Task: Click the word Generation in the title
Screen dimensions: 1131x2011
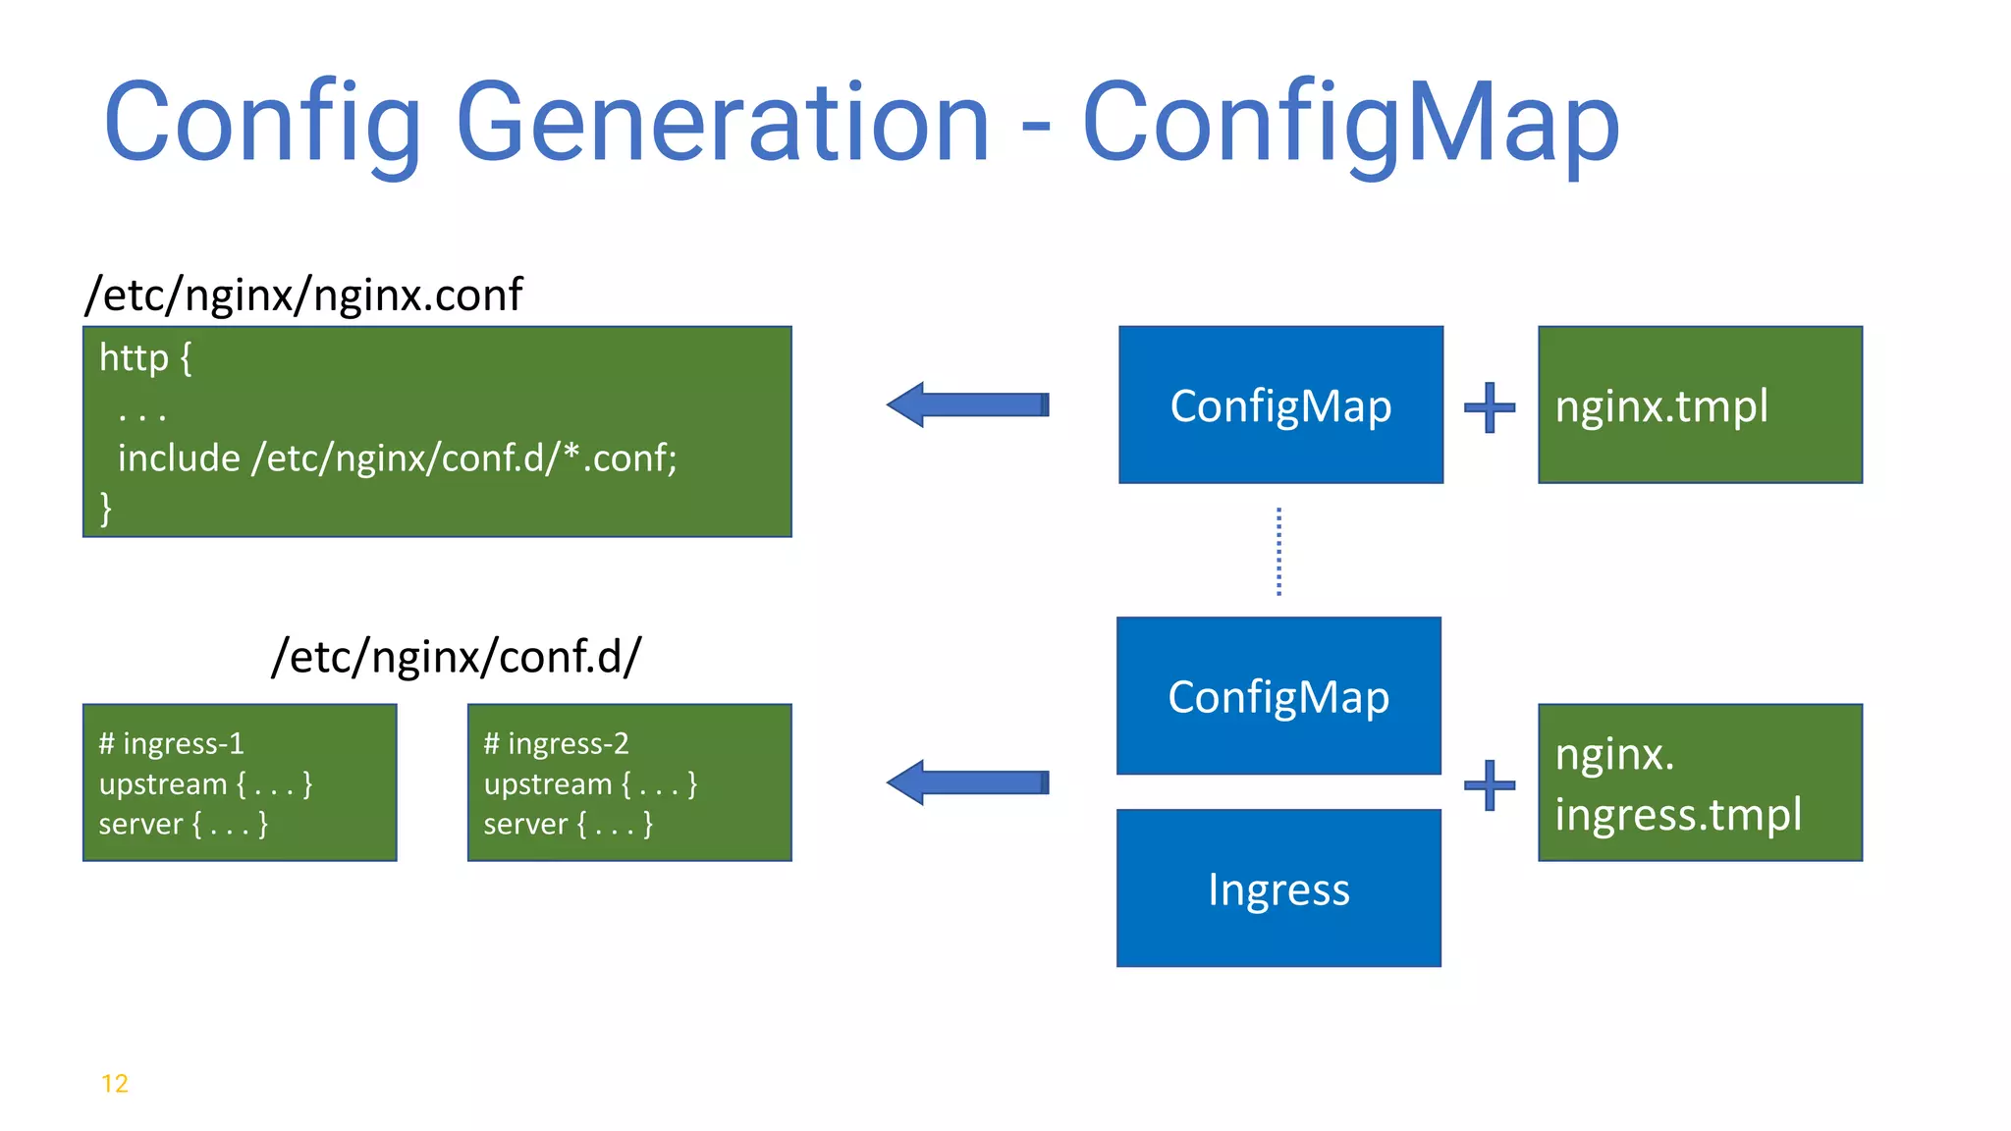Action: [x=722, y=123]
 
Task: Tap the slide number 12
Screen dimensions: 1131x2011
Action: [x=115, y=1084]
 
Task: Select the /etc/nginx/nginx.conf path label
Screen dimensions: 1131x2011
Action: [x=303, y=295]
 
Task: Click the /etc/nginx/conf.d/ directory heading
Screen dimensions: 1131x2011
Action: [x=456, y=656]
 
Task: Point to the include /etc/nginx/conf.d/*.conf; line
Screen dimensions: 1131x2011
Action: [x=397, y=458]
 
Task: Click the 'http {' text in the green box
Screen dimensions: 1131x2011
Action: [x=145, y=358]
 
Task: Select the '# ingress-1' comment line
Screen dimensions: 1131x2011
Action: [x=171, y=743]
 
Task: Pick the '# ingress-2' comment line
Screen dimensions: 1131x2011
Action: [x=556, y=743]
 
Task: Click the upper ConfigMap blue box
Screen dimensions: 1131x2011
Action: [x=1280, y=405]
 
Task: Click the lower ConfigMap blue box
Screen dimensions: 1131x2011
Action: [x=1278, y=696]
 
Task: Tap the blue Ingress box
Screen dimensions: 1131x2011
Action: [x=1278, y=889]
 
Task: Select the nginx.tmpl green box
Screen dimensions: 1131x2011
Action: [x=1700, y=405]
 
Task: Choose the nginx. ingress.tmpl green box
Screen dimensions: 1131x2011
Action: [x=1700, y=783]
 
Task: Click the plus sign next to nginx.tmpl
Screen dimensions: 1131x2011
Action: [x=1490, y=406]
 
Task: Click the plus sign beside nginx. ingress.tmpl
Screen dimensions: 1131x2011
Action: [x=1490, y=784]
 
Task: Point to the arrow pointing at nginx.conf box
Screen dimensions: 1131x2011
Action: [x=967, y=404]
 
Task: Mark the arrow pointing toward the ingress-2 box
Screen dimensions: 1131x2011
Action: [x=967, y=782]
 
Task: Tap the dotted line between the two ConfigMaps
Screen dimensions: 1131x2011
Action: [x=1278, y=551]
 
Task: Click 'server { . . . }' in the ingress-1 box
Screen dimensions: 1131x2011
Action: [x=183, y=824]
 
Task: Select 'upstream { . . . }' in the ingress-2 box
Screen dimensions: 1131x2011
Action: [x=590, y=783]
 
